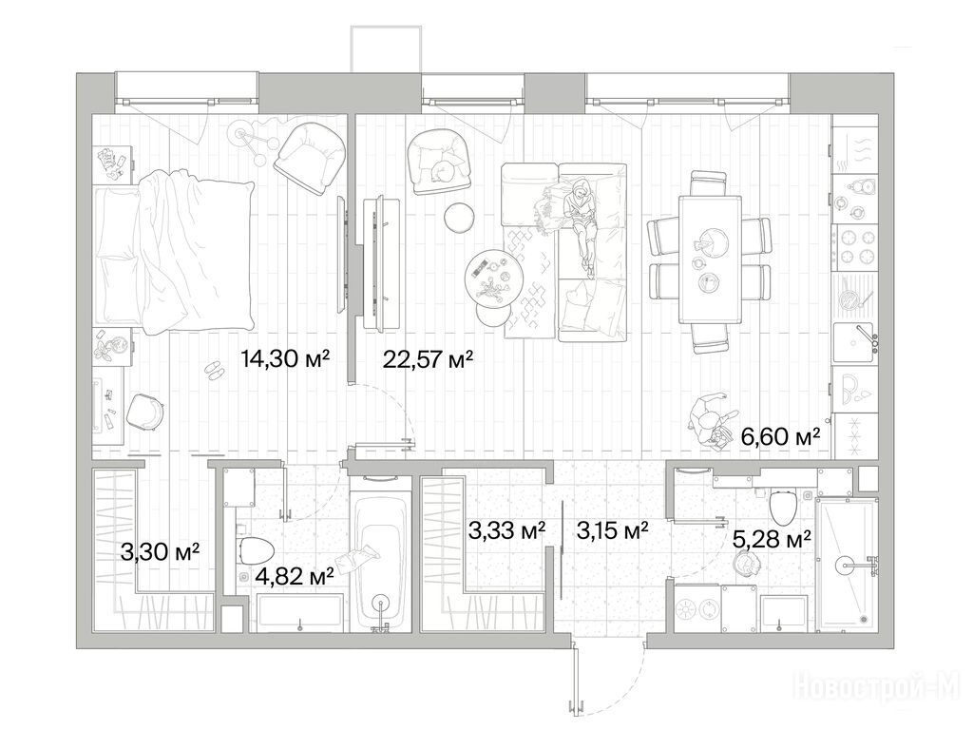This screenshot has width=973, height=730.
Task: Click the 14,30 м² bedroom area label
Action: [x=285, y=358]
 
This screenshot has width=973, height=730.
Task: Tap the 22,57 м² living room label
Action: [x=429, y=358]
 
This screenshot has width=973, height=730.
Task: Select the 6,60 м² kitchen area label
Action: [x=781, y=436]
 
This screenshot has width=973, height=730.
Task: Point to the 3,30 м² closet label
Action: [x=160, y=551]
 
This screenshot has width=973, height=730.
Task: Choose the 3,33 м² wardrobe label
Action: [x=507, y=530]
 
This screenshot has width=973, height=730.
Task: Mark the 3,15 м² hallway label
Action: [x=613, y=530]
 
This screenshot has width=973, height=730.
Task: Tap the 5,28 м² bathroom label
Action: [x=772, y=539]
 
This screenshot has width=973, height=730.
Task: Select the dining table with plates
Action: [x=710, y=259]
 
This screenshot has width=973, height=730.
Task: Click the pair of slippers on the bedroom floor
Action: [x=215, y=370]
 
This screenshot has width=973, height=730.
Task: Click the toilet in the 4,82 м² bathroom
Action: [x=257, y=551]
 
